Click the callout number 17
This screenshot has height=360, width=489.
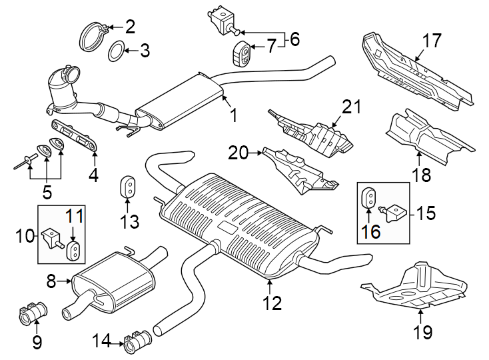[432, 41]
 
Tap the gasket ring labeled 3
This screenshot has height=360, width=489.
[116, 50]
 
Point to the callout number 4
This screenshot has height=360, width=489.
[93, 175]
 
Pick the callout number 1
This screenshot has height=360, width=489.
[233, 116]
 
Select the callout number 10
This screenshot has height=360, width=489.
[26, 235]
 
